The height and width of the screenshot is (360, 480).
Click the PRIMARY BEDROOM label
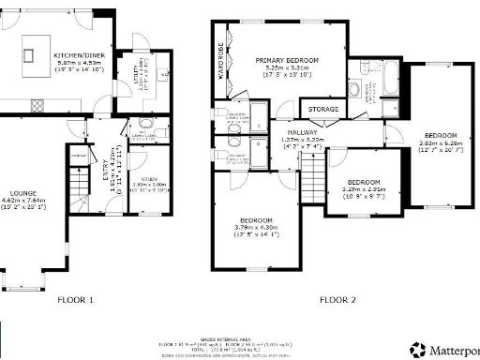click(287, 60)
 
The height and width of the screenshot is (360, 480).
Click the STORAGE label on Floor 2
click(323, 110)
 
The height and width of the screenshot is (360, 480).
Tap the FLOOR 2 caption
click(337, 300)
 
